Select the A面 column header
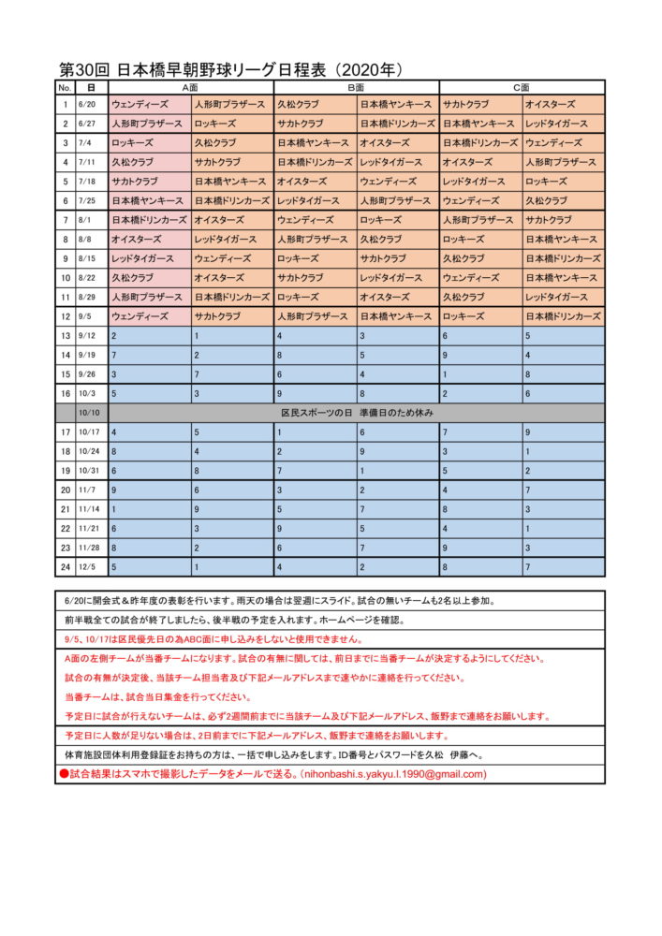pos(191,87)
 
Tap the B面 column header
pos(356,87)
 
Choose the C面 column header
pos(522,87)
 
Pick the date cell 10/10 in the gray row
pos(91,413)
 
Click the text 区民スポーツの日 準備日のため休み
pos(357,413)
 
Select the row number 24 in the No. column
pos(66,566)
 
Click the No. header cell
pos(66,87)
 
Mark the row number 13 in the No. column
pos(66,335)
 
